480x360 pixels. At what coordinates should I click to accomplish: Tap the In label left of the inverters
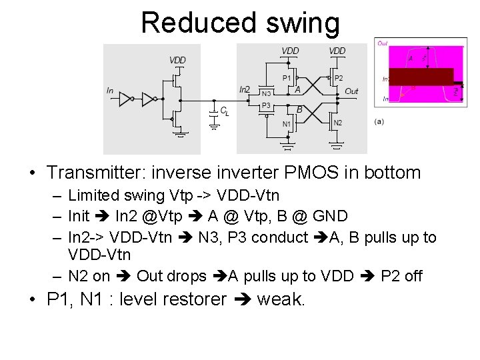coord(110,90)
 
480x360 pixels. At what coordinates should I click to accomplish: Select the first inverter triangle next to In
coord(125,99)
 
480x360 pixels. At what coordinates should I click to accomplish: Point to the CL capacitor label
coord(225,112)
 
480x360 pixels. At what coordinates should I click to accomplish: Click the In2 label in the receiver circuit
coord(245,90)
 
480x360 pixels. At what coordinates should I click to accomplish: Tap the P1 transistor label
coord(287,78)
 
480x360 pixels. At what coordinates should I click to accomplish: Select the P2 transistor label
coord(339,78)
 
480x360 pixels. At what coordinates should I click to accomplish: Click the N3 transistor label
coord(265,93)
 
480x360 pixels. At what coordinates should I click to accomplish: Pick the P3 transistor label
coord(265,105)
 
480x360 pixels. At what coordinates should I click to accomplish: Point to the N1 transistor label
coord(286,123)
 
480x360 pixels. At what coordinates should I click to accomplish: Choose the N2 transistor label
coord(337,123)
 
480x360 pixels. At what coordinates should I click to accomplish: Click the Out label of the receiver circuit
coord(351,91)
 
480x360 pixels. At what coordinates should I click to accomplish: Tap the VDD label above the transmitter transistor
coord(177,60)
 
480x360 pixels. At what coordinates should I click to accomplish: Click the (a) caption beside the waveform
coord(379,121)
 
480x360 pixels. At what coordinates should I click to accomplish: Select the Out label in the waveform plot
coord(383,43)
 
